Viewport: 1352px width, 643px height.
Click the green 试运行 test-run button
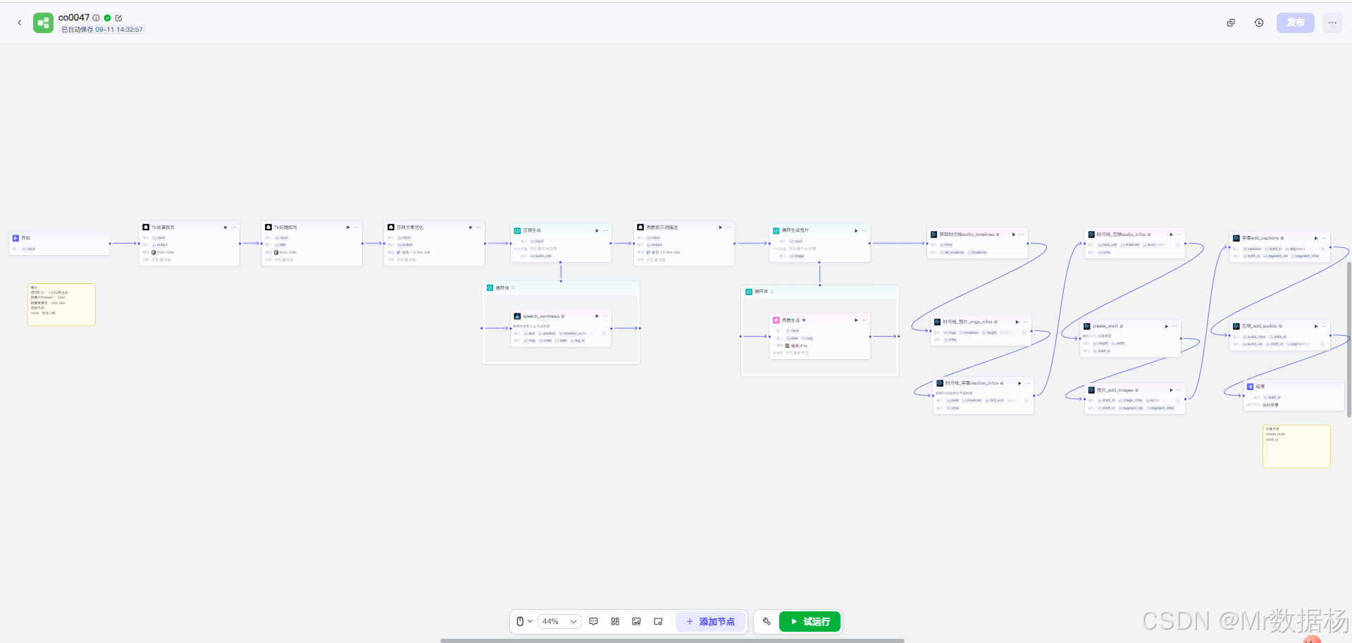click(x=810, y=622)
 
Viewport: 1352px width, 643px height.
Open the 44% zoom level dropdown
click(x=559, y=622)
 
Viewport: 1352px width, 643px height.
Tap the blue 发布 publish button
click(x=1295, y=23)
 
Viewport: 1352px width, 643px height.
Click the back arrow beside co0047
click(x=20, y=23)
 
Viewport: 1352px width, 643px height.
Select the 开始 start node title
click(x=26, y=238)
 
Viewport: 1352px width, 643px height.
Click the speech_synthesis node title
click(x=541, y=316)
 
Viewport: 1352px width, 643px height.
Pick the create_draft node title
click(x=1105, y=326)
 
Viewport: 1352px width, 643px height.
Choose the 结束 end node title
click(x=1260, y=387)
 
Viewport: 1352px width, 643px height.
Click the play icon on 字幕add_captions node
click(x=1316, y=238)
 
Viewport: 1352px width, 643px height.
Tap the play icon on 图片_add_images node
click(x=1172, y=390)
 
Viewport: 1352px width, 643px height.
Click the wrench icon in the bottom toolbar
click(x=767, y=621)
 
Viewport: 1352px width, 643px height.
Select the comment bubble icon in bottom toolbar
click(x=593, y=622)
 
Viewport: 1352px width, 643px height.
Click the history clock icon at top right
click(x=1259, y=23)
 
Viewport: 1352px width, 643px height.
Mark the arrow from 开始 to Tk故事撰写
click(x=124, y=244)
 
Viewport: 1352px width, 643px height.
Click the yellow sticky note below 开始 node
click(x=61, y=304)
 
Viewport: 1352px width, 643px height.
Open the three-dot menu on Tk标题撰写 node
click(x=356, y=227)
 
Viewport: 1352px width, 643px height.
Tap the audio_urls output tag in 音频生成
click(x=543, y=256)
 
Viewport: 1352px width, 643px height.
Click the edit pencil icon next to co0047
click(x=118, y=18)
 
